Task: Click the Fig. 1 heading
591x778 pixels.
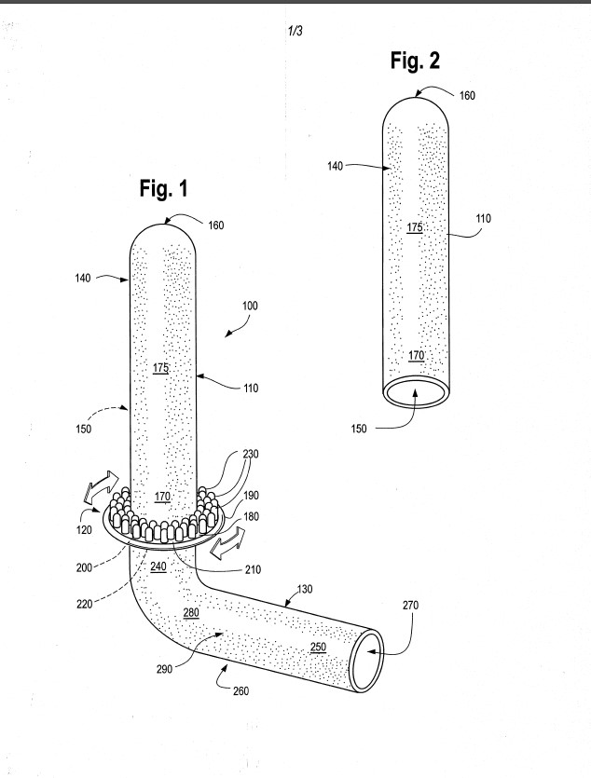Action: pos(163,188)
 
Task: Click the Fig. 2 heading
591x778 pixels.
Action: pos(415,61)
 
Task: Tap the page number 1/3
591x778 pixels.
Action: pos(295,32)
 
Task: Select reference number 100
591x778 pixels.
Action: pos(250,306)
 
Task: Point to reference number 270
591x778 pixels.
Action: pos(410,605)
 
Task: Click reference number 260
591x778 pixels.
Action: pos(241,690)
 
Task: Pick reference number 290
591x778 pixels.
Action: pos(164,669)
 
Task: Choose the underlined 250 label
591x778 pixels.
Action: pos(318,647)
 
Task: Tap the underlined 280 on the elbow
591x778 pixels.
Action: pos(191,612)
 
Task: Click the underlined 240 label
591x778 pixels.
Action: pos(158,566)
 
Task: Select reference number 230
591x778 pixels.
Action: pos(251,454)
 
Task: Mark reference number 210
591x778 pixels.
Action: pos(253,569)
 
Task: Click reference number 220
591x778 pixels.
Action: pos(84,604)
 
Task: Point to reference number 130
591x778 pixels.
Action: pos(305,589)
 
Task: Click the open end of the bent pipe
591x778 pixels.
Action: pos(367,660)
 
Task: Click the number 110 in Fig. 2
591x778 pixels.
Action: pos(483,218)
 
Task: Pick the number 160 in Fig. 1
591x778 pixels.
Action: pos(216,225)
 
